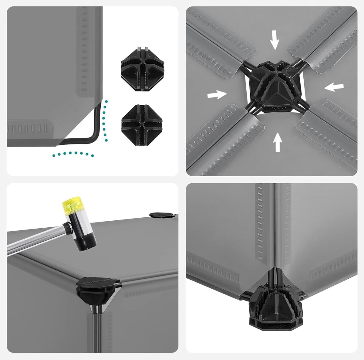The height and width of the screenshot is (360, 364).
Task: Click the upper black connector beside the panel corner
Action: (x=143, y=69)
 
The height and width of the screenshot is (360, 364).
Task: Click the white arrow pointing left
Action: (x=334, y=87)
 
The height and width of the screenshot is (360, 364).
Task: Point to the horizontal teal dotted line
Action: (x=73, y=154)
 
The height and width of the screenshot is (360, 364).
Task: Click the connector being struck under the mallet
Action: (x=97, y=288)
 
